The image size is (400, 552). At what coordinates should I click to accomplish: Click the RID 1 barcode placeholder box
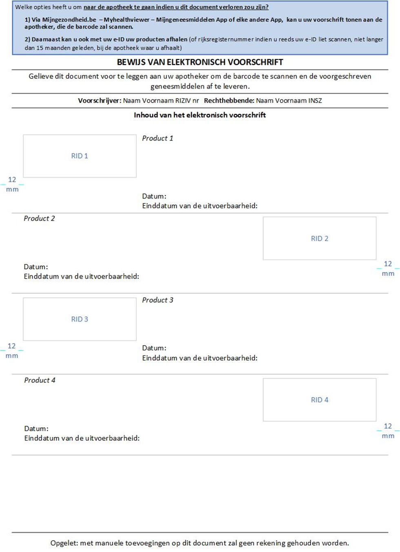point(80,156)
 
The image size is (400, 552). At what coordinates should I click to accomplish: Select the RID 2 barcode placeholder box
point(320,239)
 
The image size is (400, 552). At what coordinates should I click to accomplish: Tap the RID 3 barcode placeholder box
point(80,319)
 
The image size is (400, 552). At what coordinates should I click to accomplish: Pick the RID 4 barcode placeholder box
point(320,400)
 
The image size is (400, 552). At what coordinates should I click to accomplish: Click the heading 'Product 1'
point(158,139)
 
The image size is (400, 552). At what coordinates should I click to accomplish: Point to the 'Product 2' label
point(39,219)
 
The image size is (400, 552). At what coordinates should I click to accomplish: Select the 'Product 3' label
point(158,300)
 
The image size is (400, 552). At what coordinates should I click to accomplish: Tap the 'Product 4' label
point(40,380)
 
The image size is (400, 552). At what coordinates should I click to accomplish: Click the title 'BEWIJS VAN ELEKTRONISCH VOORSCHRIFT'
point(200,63)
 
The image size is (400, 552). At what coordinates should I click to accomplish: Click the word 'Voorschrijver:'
point(100,101)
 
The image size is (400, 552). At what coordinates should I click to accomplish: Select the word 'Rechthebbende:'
point(229,101)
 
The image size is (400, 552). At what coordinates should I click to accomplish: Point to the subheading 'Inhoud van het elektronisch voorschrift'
point(200,115)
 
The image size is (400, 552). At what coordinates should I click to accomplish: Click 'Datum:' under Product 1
point(154,197)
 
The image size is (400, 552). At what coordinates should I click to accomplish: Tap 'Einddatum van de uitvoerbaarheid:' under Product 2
point(81,277)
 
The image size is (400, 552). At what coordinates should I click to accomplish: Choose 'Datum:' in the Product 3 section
point(154,348)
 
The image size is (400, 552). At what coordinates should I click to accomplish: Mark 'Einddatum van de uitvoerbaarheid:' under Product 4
point(82,438)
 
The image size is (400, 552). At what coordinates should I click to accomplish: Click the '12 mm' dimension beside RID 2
point(388,268)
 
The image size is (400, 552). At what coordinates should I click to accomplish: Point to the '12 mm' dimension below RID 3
point(12,351)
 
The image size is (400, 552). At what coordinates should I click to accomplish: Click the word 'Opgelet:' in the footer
point(64,543)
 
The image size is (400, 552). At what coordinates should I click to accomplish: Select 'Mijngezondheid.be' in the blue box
point(69,20)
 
